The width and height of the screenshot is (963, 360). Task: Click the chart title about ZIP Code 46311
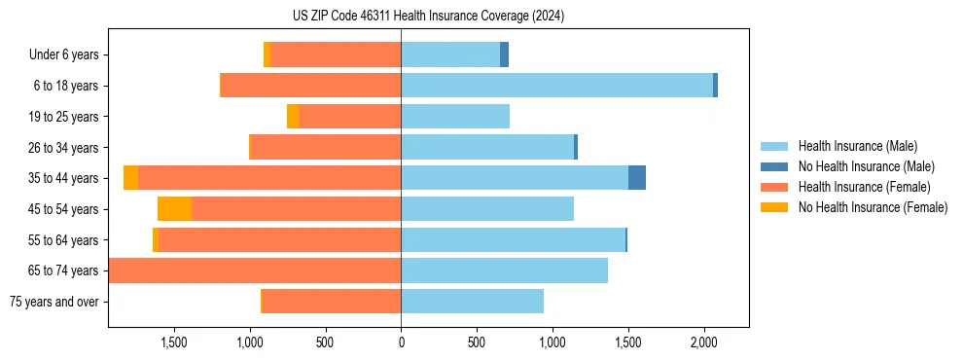(428, 17)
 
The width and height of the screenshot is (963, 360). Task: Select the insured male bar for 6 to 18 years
(556, 86)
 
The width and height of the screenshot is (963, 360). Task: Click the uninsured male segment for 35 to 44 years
(637, 178)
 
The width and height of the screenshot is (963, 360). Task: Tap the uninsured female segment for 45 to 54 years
(174, 209)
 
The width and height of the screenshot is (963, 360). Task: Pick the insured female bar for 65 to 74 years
(255, 270)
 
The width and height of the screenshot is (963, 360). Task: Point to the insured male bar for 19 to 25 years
(455, 117)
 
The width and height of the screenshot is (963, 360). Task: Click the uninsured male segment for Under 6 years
(505, 54)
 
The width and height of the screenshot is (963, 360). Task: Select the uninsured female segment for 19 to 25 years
(293, 117)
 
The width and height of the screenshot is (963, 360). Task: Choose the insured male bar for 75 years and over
(472, 302)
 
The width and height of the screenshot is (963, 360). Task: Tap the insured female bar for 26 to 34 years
(326, 147)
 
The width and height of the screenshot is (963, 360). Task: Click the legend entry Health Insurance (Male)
(857, 147)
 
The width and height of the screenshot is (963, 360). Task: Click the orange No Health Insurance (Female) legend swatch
(774, 207)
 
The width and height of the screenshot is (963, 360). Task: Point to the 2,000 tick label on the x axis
(704, 342)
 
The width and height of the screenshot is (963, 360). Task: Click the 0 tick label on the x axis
(401, 342)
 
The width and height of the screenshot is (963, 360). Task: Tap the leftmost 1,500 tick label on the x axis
(173, 342)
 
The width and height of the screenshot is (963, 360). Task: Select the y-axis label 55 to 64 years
(63, 240)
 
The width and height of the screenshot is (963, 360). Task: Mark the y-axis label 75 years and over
(53, 302)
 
